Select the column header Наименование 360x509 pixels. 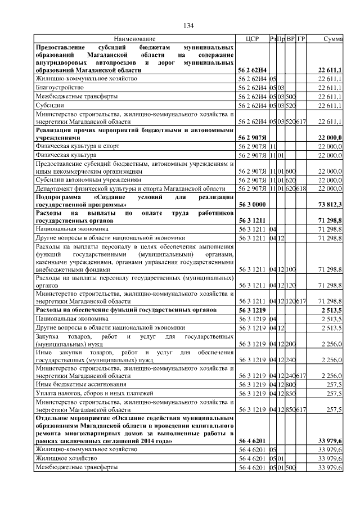point(134,39)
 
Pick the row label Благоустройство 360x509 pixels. point(60,88)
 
